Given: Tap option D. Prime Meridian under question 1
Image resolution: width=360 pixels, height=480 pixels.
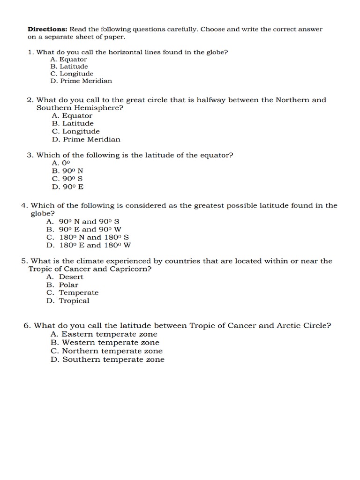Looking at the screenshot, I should pyautogui.click(x=81, y=81).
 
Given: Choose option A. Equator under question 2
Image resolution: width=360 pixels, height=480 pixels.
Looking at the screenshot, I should pyautogui.click(x=72, y=116).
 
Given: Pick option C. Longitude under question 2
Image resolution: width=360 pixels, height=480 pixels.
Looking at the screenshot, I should pyautogui.click(x=75, y=132).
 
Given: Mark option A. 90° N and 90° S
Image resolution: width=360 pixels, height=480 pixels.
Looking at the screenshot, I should pyautogui.click(x=86, y=222).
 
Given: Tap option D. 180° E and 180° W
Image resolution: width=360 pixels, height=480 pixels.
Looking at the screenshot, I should pyautogui.click(x=89, y=245).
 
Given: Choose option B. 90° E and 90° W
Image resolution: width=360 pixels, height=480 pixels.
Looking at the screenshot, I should pyautogui.click(x=84, y=230).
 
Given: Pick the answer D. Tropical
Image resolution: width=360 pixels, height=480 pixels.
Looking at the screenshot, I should pyautogui.click(x=67, y=301).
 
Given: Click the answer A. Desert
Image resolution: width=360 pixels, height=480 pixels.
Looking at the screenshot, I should pyautogui.click(x=65, y=277).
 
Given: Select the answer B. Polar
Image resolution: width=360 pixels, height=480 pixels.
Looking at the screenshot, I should pyautogui.click(x=62, y=285).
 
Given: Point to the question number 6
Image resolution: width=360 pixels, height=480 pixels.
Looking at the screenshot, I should pyautogui.click(x=26, y=326).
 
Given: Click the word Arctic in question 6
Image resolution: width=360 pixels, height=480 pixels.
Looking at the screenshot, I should pyautogui.click(x=288, y=326).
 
